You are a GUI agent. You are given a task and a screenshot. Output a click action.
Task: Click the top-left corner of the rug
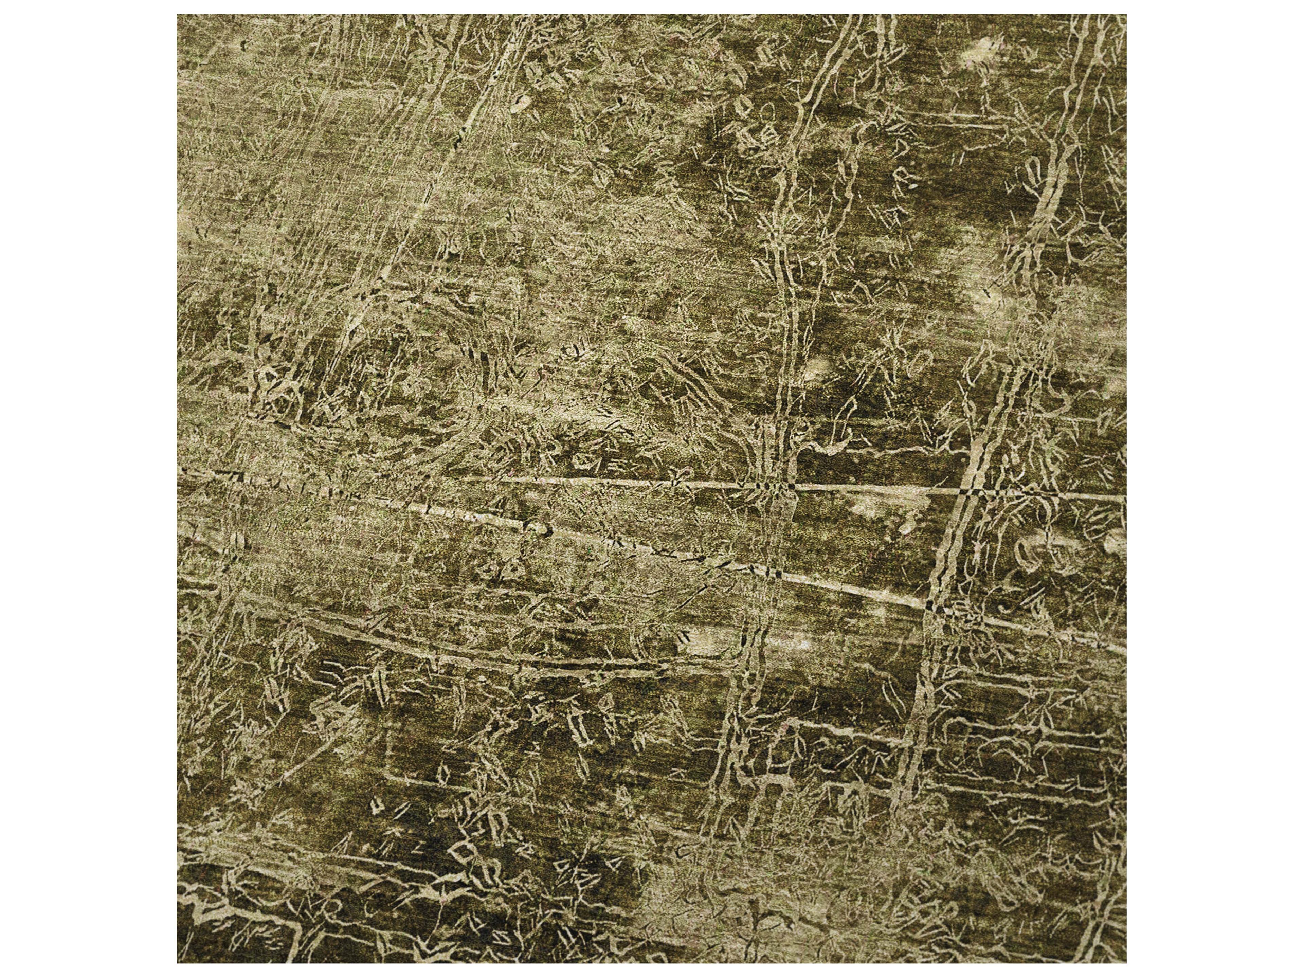coord(178,15)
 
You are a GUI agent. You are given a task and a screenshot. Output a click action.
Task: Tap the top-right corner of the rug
coord(1126,15)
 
